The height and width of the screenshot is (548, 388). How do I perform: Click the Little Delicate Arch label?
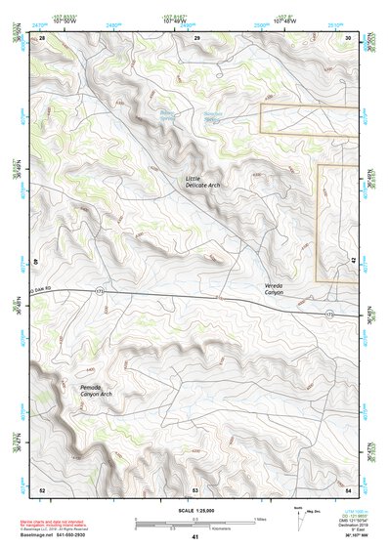click(204, 183)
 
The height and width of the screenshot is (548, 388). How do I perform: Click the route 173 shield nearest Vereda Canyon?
click(328, 315)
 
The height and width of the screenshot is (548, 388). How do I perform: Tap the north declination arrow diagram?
click(299, 515)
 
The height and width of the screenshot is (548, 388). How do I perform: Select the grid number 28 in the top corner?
click(42, 36)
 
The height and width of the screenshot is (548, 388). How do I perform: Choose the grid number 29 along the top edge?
click(196, 36)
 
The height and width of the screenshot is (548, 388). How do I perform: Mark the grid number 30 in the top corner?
click(349, 36)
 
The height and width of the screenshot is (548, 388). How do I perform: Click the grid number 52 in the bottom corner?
click(42, 489)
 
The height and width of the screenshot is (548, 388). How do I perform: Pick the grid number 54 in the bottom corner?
click(349, 489)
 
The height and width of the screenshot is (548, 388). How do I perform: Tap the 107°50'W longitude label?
click(65, 21)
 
